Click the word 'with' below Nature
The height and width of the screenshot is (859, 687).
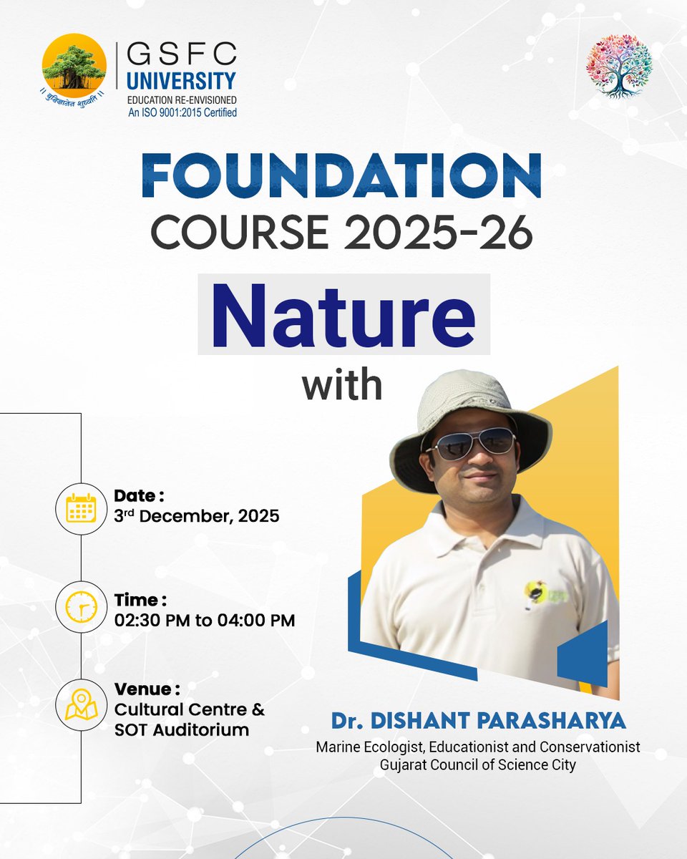342,384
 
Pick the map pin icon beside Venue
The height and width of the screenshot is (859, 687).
81,705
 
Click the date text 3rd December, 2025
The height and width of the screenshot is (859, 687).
196,516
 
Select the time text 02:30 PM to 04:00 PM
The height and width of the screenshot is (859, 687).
204,621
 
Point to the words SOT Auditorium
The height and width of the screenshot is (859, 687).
182,730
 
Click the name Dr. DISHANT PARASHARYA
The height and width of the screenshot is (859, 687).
477,720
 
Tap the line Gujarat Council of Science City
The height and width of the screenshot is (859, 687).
478,764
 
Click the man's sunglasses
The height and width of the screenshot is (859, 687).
472,442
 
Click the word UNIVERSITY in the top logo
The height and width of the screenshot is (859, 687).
180,79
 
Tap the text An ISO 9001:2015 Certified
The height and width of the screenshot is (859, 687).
181,112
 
